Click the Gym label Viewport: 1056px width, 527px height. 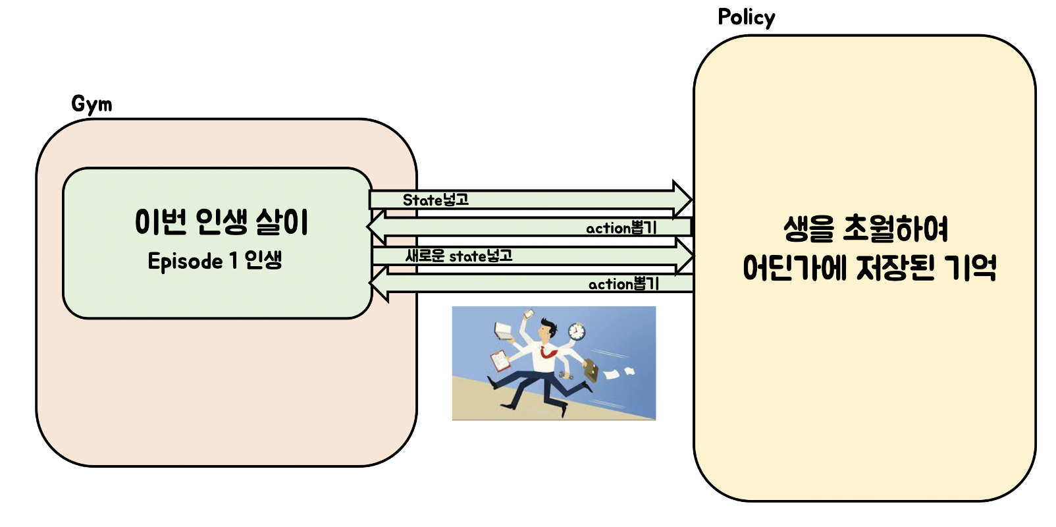[92, 104]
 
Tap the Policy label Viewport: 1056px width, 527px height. [746, 18]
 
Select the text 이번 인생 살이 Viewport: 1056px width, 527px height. [221, 222]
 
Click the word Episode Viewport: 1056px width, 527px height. [185, 262]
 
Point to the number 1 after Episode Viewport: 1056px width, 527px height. [234, 261]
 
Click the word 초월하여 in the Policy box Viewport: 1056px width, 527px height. [895, 229]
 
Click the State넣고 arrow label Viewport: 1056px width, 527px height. [435, 200]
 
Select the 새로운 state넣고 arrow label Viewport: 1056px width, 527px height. [459, 256]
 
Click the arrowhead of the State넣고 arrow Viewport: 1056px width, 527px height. [682, 199]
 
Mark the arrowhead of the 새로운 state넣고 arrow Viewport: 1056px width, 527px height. [684, 256]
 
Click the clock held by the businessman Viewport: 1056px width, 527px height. [577, 331]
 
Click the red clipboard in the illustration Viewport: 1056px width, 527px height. [500, 360]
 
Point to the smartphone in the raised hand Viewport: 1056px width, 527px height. [528, 315]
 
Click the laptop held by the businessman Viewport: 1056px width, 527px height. [504, 331]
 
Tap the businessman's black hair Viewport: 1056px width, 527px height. [547, 324]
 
